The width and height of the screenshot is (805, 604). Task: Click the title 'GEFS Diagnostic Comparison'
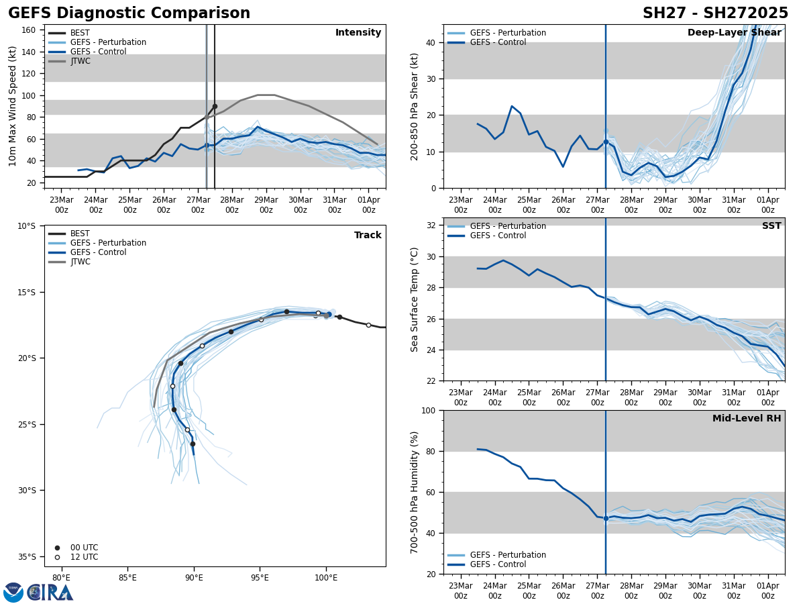coord(129,13)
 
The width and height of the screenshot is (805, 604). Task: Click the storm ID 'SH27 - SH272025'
coord(715,13)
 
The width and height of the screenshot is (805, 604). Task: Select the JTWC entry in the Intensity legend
coord(80,61)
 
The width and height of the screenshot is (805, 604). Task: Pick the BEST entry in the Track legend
coord(80,234)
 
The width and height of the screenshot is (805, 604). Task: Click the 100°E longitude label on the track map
coord(326,576)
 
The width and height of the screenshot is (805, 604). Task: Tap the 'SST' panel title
coord(771,226)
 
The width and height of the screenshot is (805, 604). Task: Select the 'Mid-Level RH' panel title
coord(747,419)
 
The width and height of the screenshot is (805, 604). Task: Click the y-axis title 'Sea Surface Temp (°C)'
coord(415,299)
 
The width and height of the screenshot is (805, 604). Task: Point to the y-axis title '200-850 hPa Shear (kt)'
coord(415,106)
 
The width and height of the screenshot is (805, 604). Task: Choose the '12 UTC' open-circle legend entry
coord(84,557)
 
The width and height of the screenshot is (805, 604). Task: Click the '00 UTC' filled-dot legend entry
coord(84,548)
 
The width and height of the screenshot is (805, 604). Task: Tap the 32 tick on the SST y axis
coord(431,225)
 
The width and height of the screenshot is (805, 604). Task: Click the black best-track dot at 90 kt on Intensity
coord(215,106)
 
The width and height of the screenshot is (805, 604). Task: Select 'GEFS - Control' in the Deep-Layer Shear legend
coord(498,42)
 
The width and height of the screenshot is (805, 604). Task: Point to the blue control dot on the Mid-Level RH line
coord(606,518)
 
